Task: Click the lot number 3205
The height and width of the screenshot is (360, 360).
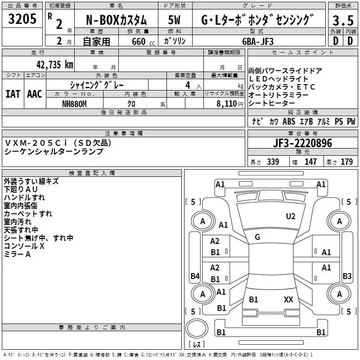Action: click(22, 20)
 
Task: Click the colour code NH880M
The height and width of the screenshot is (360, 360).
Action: click(74, 103)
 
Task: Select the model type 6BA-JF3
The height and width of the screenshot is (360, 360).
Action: click(257, 41)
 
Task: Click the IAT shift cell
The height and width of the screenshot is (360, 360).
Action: click(12, 94)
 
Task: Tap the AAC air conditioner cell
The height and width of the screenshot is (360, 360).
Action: click(35, 94)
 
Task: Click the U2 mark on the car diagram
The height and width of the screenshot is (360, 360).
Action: click(291, 216)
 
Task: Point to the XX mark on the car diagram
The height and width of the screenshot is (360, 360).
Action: click(289, 299)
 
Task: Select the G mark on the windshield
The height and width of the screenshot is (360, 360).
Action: click(257, 237)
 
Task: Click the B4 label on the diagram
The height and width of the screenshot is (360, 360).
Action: click(195, 276)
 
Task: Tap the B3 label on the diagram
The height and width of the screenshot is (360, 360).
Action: click(347, 276)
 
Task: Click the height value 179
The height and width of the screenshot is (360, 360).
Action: click(346, 162)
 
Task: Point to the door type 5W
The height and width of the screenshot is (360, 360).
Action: click(175, 20)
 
